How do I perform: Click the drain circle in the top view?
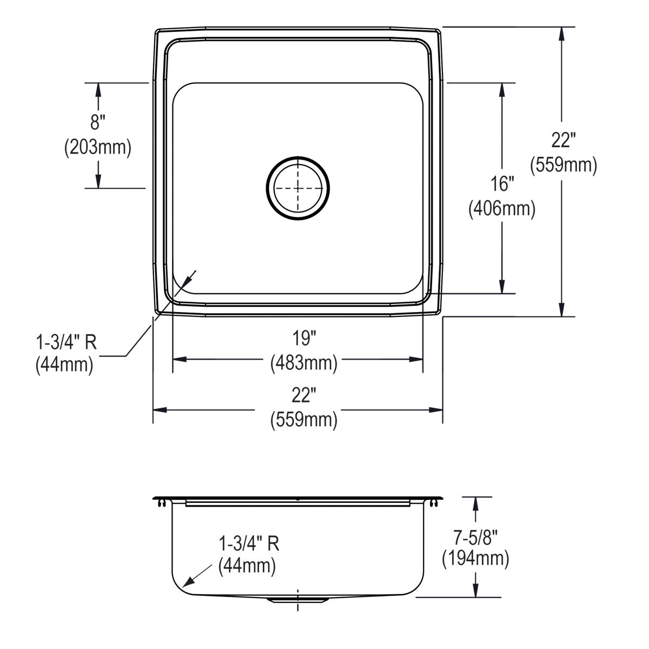tap(298, 188)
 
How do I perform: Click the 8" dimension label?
tap(98, 122)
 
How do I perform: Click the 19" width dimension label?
tap(304, 339)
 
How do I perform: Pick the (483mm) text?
tap(304, 362)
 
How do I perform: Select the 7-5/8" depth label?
tap(475, 537)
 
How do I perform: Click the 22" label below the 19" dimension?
tap(304, 396)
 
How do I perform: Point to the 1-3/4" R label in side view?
tap(249, 543)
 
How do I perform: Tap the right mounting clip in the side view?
tap(434, 504)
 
